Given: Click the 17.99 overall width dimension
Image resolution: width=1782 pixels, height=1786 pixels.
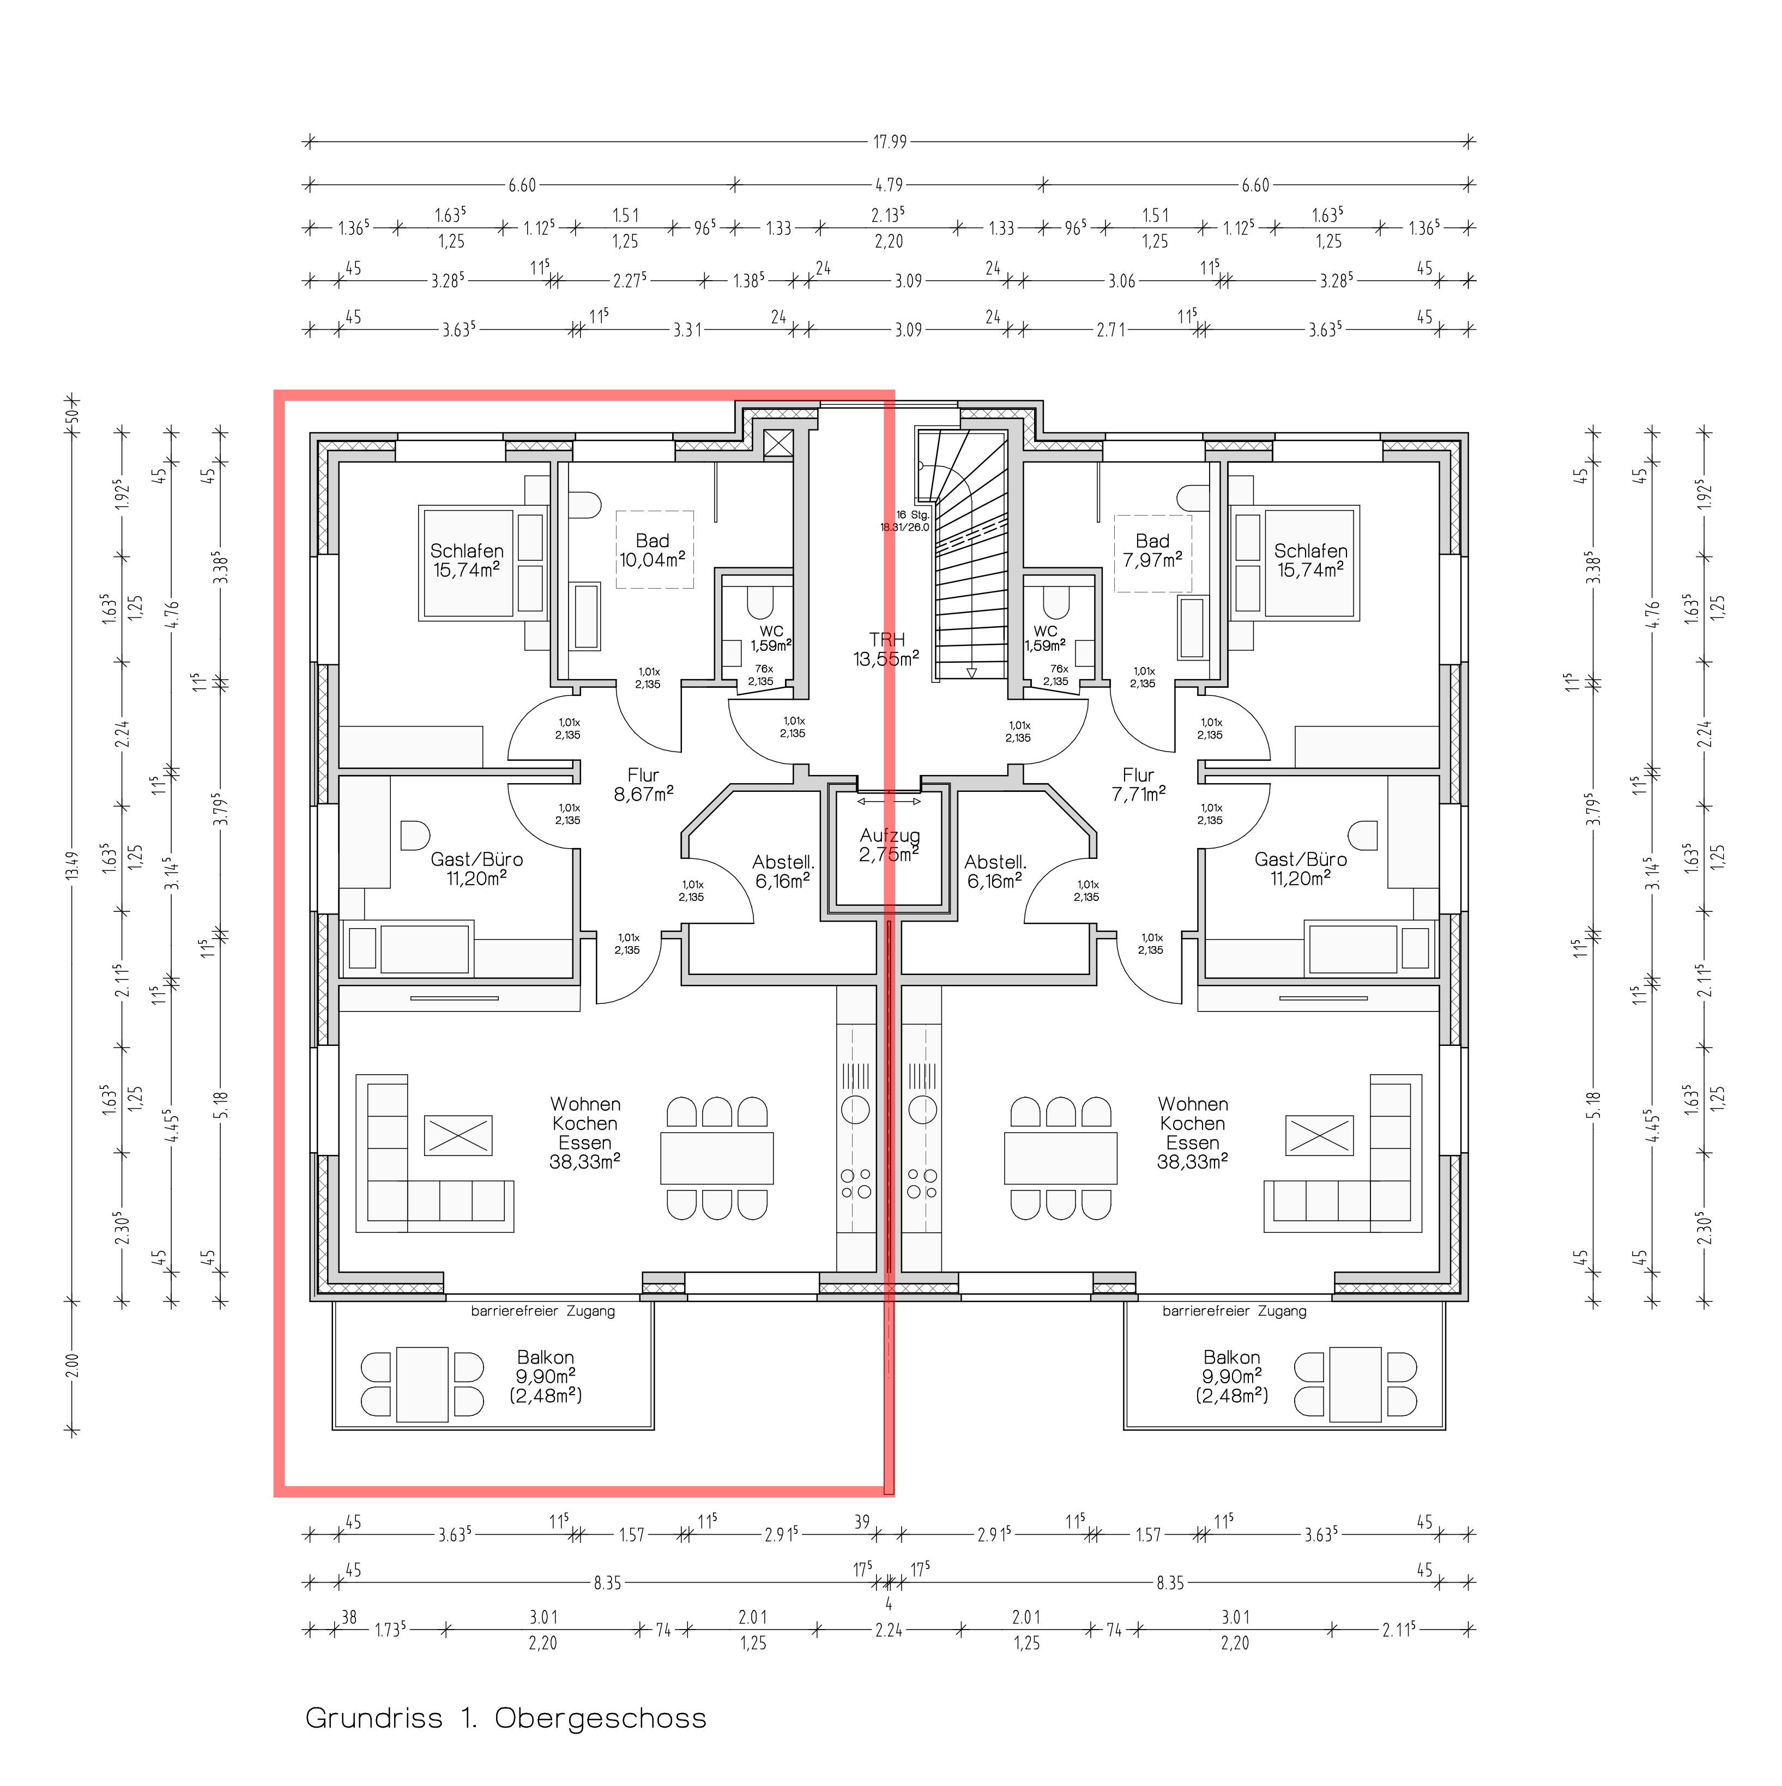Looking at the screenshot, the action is click(x=890, y=142).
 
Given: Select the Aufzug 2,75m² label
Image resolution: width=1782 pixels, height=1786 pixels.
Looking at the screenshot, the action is click(x=889, y=845).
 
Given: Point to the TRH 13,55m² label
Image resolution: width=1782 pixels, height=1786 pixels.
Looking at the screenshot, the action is click(x=886, y=649).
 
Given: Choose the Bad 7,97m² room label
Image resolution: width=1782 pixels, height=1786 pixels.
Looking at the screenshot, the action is click(x=1152, y=550).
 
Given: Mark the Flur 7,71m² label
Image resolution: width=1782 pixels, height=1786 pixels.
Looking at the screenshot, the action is click(x=1138, y=784).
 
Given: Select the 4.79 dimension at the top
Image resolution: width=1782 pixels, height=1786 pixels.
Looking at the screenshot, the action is click(x=890, y=185).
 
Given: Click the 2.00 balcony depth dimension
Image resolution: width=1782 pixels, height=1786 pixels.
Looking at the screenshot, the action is click(x=73, y=1365).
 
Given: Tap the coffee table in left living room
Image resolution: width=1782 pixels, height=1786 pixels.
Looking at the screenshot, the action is click(x=458, y=1134).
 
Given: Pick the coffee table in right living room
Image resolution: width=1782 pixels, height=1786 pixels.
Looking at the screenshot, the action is click(x=1320, y=1134).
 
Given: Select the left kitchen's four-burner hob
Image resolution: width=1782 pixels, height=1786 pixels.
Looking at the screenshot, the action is click(x=855, y=1183).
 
